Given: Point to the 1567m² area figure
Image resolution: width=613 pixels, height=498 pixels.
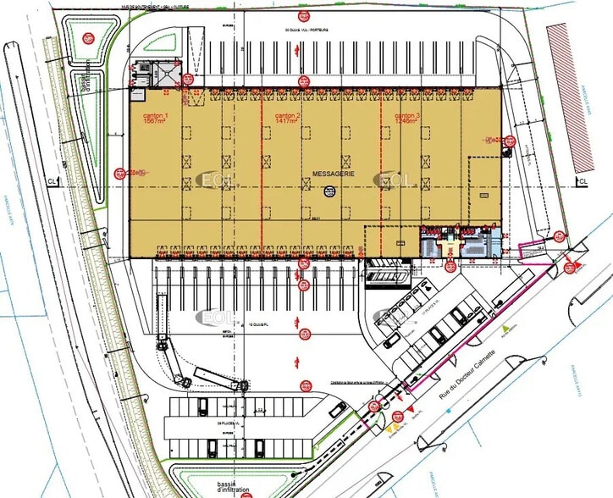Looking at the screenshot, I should coord(153,123).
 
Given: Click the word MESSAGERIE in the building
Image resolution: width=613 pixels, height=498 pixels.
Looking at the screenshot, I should coord(333,173).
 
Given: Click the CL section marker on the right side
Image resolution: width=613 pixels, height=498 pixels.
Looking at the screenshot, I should coord(583,180).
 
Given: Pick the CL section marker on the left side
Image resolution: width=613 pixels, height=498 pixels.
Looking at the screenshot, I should coord(52,180).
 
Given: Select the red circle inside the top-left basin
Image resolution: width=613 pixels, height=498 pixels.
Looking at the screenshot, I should coord(88,38).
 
